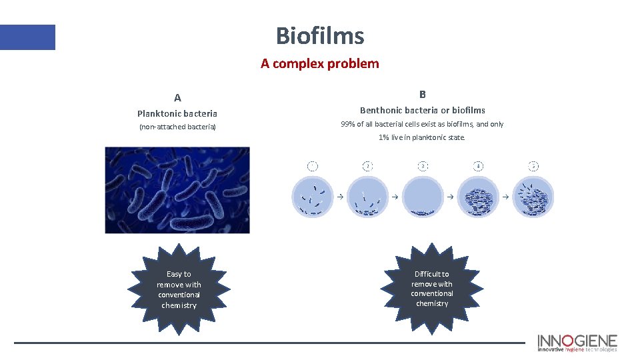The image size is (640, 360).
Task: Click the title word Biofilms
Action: (x=320, y=35)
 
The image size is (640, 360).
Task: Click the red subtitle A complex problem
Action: (x=320, y=64)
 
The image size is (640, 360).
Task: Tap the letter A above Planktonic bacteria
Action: (x=177, y=97)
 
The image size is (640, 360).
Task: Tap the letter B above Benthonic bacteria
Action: (x=423, y=95)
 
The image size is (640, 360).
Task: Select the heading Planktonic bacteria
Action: (x=177, y=114)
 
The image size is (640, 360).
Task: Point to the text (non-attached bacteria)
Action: (x=177, y=127)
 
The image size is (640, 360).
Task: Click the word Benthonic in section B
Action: (x=381, y=110)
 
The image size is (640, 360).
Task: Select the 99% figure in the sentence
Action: (x=348, y=125)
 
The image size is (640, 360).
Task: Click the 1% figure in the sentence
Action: (x=384, y=137)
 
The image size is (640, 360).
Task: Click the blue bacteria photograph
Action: (x=177, y=190)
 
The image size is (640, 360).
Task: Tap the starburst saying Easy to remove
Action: (x=179, y=289)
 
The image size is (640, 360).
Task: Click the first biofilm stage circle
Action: (x=312, y=197)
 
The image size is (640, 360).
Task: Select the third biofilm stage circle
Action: (x=423, y=197)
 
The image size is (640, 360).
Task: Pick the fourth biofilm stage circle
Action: (x=478, y=197)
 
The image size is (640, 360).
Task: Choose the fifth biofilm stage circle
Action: (x=533, y=197)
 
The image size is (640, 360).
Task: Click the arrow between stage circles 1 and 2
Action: (x=339, y=197)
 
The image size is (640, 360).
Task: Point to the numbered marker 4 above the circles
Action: (x=478, y=165)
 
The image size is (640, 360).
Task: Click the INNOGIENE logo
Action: (x=577, y=342)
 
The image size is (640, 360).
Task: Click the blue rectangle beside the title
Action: (x=27, y=37)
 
